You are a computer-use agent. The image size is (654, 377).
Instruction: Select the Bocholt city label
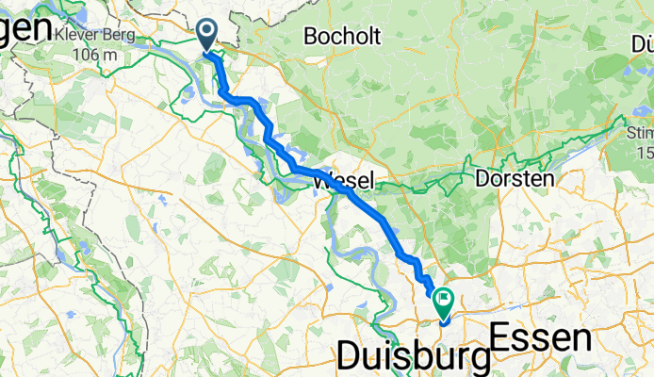[x=342, y=38]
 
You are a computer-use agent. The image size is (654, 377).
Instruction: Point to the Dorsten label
[x=515, y=177]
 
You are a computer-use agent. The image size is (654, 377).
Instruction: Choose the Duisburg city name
[x=414, y=357]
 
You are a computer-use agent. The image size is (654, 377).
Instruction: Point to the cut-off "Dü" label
[x=644, y=43]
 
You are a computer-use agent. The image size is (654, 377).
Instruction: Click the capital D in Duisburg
[x=350, y=357]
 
